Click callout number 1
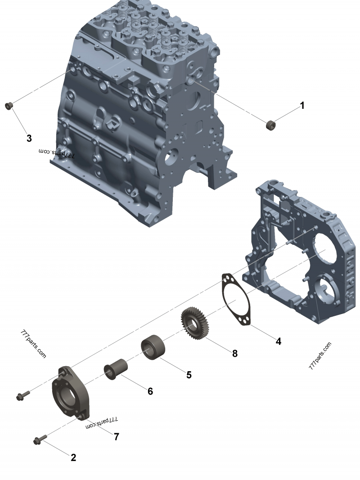[x=302, y=106]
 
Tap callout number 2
[x=73, y=458]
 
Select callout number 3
[x=29, y=139]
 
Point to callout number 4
[x=278, y=341]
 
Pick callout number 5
[x=189, y=375]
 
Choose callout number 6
[x=150, y=391]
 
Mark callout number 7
[x=117, y=437]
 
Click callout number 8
[x=235, y=354]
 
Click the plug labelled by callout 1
[x=270, y=126]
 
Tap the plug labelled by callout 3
[x=9, y=106]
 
